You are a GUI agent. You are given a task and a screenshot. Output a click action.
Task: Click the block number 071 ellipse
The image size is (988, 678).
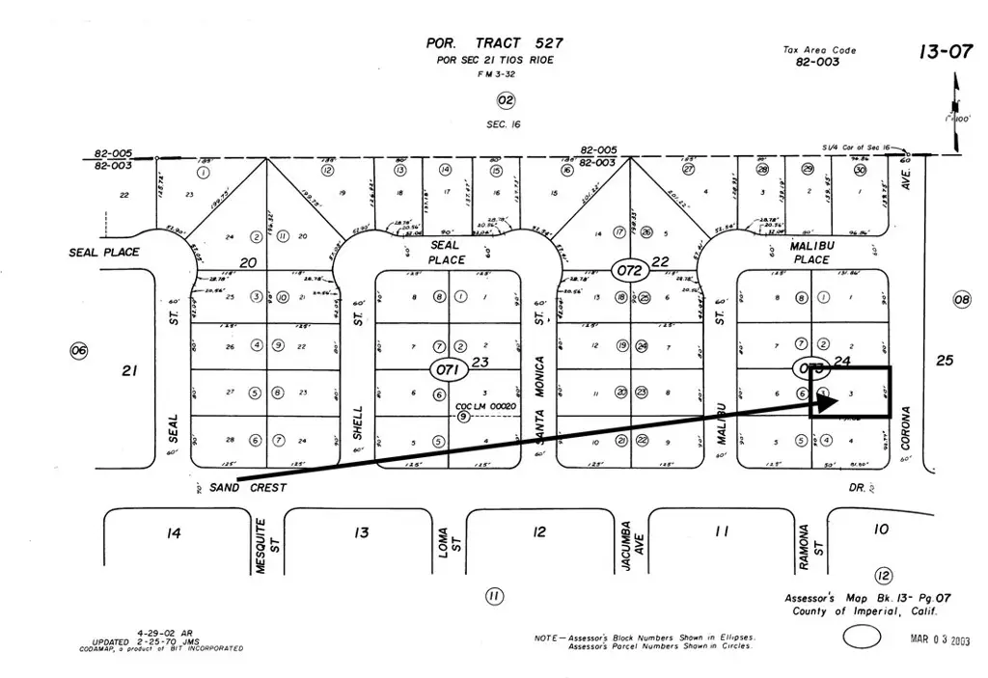(449, 368)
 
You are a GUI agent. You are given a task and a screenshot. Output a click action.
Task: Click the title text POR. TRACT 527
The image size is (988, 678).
(494, 43)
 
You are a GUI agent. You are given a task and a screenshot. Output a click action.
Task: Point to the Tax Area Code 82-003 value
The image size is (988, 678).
(818, 62)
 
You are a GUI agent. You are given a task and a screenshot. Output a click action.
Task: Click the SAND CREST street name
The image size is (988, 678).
(248, 488)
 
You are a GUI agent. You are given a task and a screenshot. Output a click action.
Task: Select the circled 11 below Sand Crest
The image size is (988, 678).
(493, 596)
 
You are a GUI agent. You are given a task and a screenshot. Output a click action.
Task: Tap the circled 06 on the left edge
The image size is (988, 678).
(78, 351)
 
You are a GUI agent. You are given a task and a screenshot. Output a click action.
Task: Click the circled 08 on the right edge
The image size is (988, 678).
(961, 299)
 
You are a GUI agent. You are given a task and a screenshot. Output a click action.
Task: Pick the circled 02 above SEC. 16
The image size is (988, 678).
(506, 100)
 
